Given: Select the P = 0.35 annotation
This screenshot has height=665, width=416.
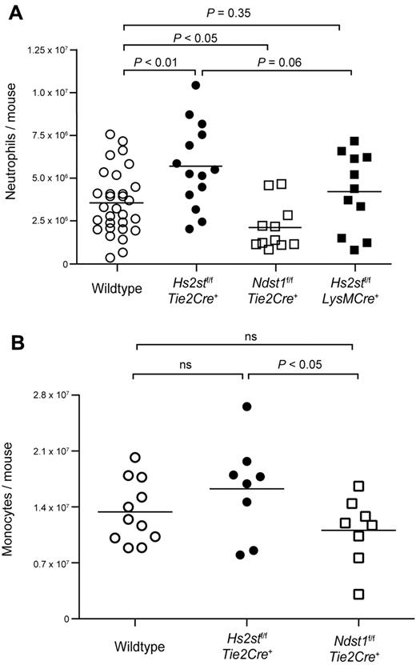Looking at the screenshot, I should point(233,13).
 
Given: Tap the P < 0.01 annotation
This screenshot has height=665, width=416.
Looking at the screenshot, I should point(156,62).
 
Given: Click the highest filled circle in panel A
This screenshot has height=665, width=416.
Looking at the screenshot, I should point(195,85).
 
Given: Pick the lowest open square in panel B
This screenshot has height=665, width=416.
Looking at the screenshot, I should point(358,594).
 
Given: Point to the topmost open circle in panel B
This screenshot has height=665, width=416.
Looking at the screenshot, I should point(135,458).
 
